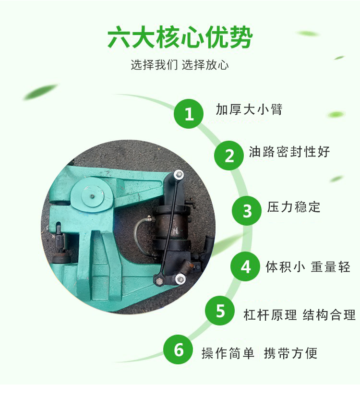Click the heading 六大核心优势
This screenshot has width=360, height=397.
pyautogui.click(x=180, y=37)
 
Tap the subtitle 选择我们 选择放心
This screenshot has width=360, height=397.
pyautogui.click(x=180, y=65)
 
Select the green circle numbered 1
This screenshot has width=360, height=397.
pyautogui.click(x=189, y=114)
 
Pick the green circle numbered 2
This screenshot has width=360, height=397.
pyautogui.click(x=229, y=156)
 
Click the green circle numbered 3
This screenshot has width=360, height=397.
pyautogui.click(x=247, y=211)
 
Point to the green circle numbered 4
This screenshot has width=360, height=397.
pyautogui.click(x=245, y=266)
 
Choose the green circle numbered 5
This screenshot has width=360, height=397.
pyautogui.click(x=220, y=311)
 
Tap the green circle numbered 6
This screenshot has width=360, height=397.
pyautogui.click(x=178, y=349)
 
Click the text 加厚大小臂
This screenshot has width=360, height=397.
pyautogui.click(x=249, y=109)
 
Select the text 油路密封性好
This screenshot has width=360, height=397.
pyautogui.click(x=289, y=152)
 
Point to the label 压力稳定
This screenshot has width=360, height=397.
pyautogui.click(x=294, y=207)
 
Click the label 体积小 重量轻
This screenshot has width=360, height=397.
pyautogui.click(x=308, y=266)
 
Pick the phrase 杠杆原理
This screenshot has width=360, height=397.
pyautogui.click(x=270, y=315)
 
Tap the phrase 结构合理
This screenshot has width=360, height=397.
pyautogui.click(x=329, y=315)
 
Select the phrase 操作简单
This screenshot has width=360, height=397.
pyautogui.click(x=228, y=353)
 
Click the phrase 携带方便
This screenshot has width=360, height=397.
pyautogui.click(x=290, y=353)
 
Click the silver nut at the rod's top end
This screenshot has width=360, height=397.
pyautogui.click(x=179, y=175)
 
